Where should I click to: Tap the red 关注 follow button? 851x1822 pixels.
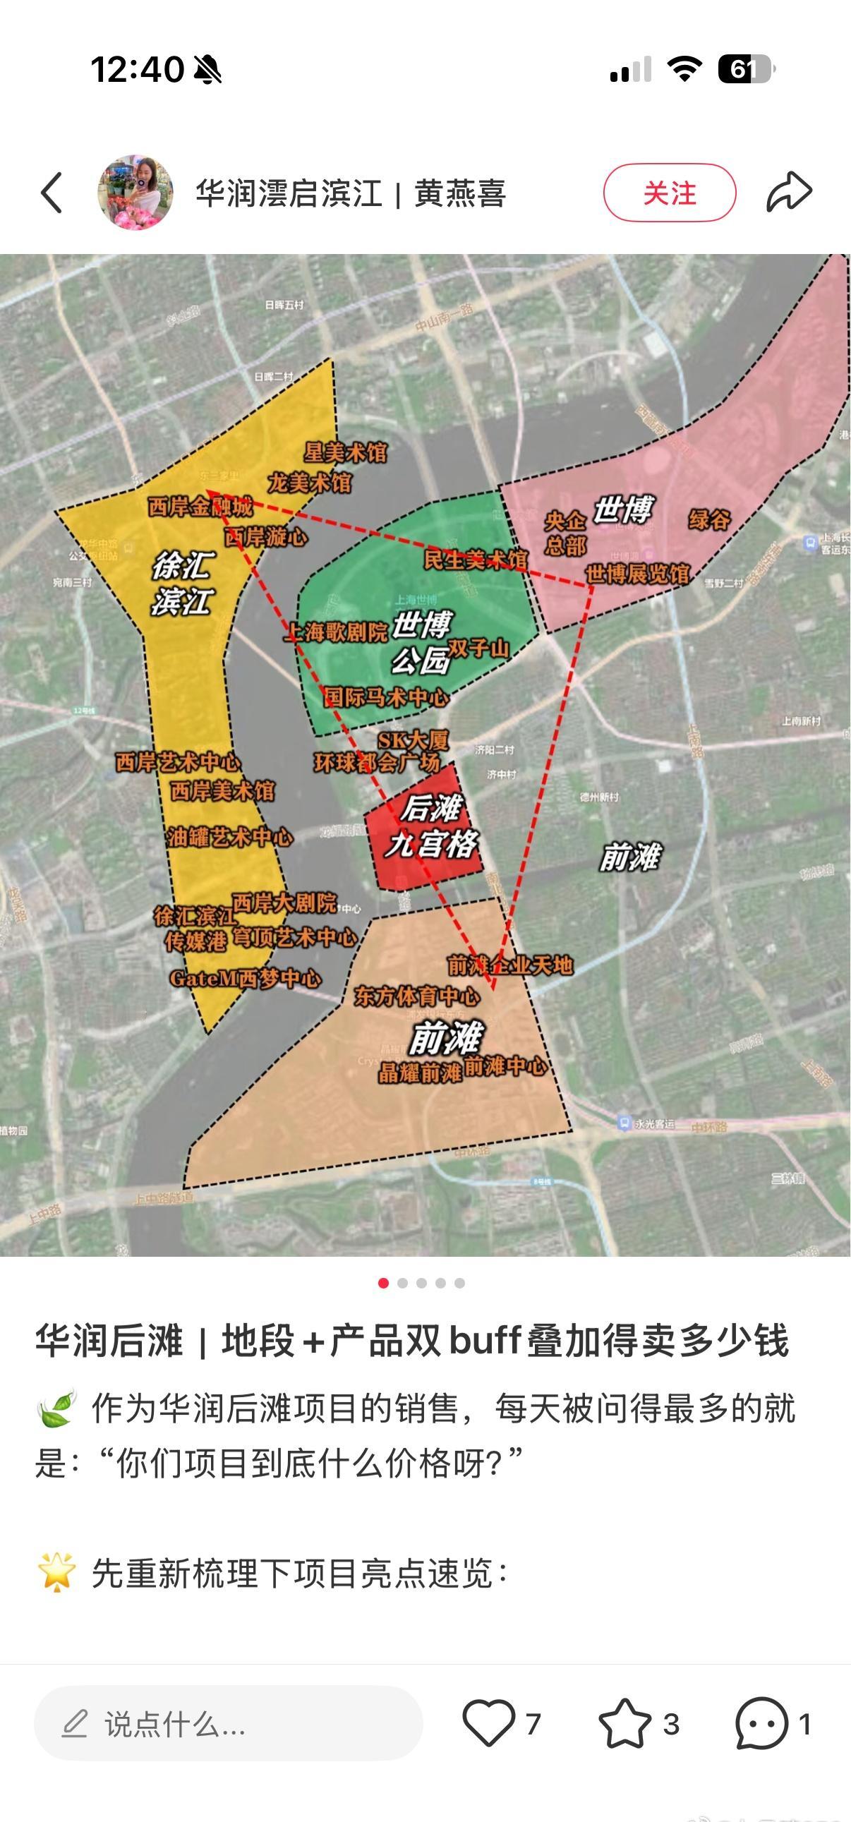[669, 193]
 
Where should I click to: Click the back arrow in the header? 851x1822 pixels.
[52, 193]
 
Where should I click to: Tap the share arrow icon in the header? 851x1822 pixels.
[789, 193]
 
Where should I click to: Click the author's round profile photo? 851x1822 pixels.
[135, 193]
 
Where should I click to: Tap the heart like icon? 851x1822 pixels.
[488, 1723]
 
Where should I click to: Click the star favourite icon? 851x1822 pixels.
[624, 1724]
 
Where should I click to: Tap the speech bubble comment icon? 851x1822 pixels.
[761, 1724]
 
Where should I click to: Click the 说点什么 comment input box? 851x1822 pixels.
[228, 1724]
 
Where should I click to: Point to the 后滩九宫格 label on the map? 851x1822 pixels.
[431, 827]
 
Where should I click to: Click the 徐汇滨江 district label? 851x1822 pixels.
[183, 584]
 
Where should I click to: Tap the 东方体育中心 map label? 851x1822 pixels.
[416, 996]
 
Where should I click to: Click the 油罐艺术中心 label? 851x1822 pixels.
[230, 838]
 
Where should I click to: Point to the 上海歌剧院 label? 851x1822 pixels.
[337, 632]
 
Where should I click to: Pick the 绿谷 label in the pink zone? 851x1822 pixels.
[708, 521]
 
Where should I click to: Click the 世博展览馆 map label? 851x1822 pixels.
[636, 574]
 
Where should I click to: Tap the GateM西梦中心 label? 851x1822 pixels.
[245, 979]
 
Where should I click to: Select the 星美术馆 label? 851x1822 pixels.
[345, 452]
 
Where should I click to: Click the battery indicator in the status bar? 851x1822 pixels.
[746, 69]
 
